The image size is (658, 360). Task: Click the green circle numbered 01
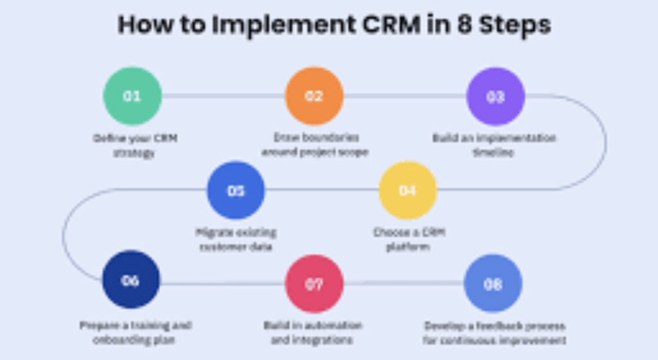click(132, 96)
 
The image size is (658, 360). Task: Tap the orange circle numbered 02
click(314, 96)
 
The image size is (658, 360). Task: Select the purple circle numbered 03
click(495, 96)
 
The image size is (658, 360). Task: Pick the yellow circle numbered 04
click(407, 190)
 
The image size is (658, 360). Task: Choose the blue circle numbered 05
click(236, 190)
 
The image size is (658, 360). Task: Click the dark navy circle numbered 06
click(130, 280)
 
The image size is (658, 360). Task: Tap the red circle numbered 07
click(314, 283)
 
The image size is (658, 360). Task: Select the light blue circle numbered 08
click(493, 283)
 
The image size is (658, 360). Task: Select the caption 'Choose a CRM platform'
click(409, 239)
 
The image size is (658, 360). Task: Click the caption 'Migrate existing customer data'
click(236, 239)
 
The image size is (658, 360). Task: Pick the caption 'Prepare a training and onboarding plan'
click(136, 332)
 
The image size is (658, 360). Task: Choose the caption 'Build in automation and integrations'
click(313, 332)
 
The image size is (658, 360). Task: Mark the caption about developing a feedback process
click(494, 332)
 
